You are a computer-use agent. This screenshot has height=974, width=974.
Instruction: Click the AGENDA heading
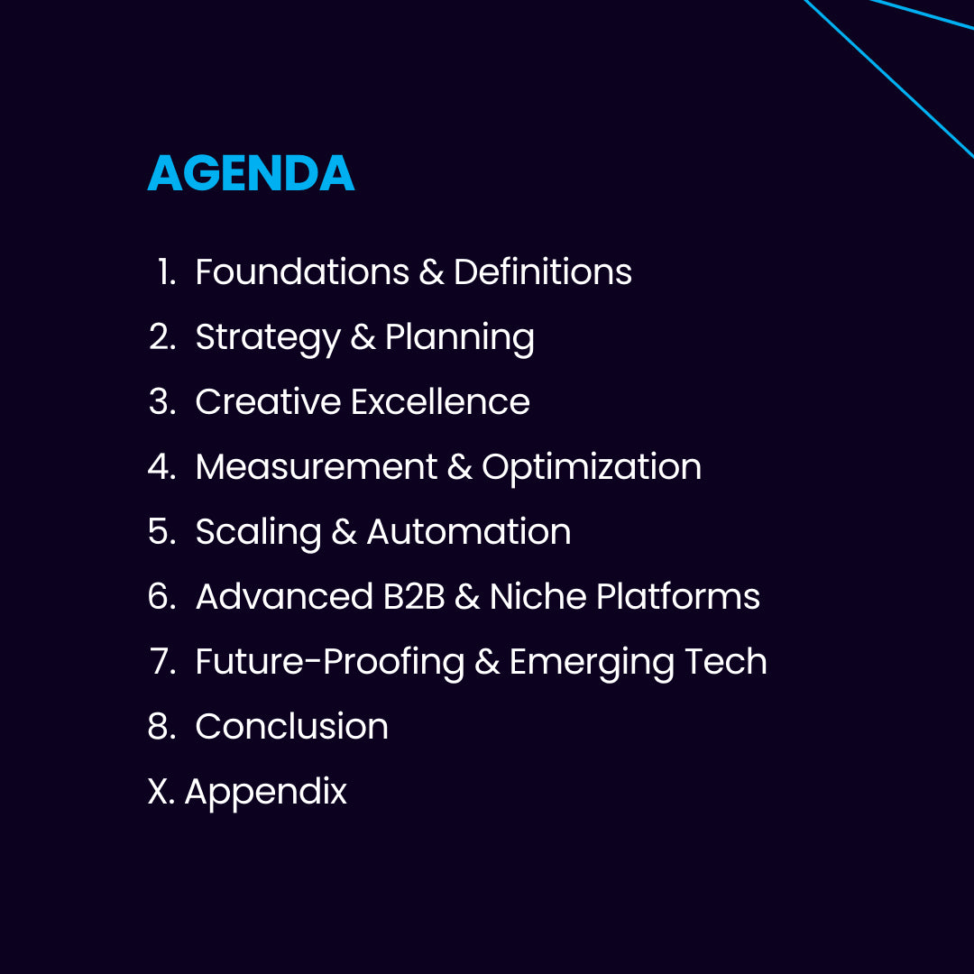click(251, 172)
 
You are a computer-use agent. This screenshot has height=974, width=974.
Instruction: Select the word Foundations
click(302, 271)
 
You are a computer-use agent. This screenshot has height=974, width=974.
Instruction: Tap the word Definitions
click(543, 271)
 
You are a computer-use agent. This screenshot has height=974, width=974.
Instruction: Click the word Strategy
click(269, 338)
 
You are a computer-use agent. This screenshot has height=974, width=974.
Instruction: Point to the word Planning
click(460, 338)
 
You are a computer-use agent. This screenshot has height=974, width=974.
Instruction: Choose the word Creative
click(269, 401)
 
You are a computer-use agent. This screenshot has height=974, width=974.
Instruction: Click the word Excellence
click(440, 401)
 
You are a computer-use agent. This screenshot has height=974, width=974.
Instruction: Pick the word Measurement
click(317, 466)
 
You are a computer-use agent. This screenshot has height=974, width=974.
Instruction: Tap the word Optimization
click(592, 468)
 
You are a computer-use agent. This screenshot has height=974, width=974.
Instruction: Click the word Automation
click(469, 532)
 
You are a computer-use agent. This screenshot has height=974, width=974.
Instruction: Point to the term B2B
click(414, 596)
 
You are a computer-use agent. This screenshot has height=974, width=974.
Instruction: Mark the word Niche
click(538, 596)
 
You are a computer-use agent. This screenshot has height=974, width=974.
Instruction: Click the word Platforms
click(678, 596)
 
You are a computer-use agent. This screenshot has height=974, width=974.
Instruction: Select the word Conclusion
click(292, 726)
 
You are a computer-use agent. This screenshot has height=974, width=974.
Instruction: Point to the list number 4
click(159, 466)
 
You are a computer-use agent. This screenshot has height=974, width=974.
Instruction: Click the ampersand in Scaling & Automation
click(345, 532)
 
